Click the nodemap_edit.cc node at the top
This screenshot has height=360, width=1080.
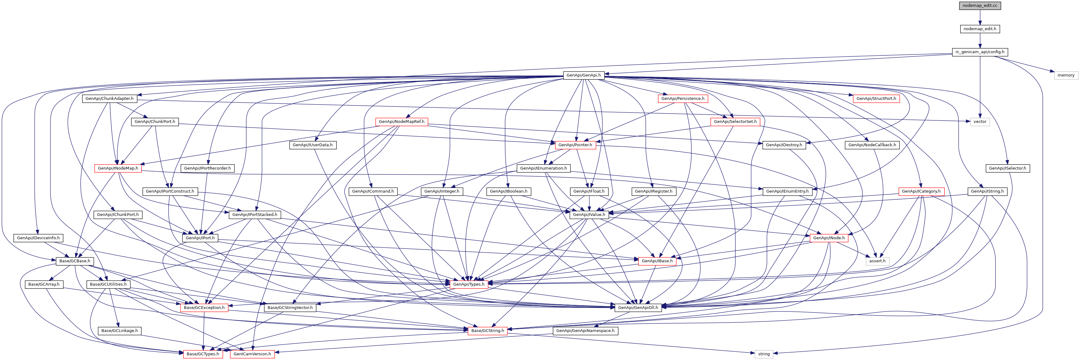point(979,6)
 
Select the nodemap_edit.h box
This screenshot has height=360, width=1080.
point(979,29)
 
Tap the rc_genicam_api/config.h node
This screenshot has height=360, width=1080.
point(979,52)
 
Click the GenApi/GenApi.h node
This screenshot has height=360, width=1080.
point(583,75)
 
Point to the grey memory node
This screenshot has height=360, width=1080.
point(1065,75)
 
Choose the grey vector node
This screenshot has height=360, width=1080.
point(979,122)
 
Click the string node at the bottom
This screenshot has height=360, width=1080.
point(764,354)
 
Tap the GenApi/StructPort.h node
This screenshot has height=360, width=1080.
point(876,99)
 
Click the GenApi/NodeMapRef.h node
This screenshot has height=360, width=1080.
point(401,122)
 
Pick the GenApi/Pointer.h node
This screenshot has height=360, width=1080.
point(575,145)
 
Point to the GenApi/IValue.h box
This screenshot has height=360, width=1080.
point(589,215)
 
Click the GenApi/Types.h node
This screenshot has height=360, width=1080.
point(468,284)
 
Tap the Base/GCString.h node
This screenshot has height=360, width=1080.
point(487,331)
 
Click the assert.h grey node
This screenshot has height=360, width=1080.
point(877,261)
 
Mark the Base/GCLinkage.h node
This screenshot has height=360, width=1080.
point(119,331)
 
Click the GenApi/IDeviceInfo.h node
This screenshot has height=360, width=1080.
point(38,238)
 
